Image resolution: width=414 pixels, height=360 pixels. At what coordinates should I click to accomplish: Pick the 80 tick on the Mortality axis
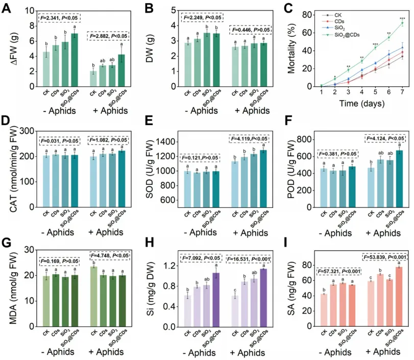click(303, 14)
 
